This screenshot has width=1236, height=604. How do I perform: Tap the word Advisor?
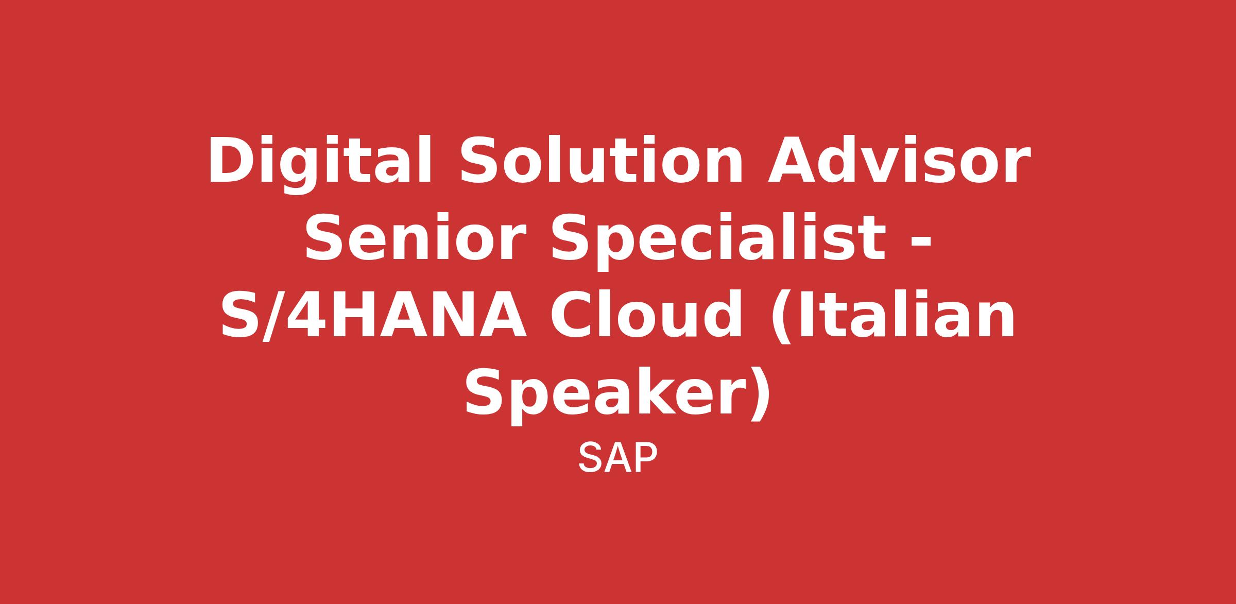tap(899, 160)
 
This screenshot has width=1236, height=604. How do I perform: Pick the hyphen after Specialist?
tap(921, 243)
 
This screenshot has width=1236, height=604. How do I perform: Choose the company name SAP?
tap(618, 457)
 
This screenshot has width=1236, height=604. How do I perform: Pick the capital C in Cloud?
tap(572, 314)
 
